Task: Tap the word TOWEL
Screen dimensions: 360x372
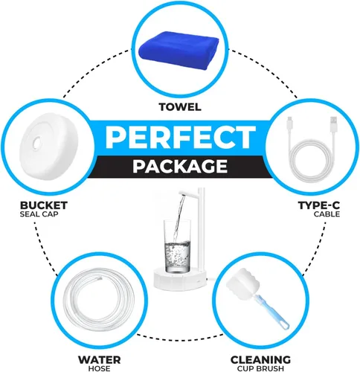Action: pos(180,107)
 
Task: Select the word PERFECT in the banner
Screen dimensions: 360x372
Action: pos(181,137)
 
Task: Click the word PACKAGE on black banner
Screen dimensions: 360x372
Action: pos(180,167)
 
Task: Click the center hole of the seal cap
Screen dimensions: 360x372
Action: pos(38,142)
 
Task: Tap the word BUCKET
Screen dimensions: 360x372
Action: pos(44,205)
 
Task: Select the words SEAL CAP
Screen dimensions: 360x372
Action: pos(39,214)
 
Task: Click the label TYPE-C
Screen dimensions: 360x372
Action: pos(319,205)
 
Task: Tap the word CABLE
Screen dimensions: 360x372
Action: pos(327,214)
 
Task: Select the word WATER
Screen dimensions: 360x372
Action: pos(100,359)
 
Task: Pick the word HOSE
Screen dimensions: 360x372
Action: pos(99,368)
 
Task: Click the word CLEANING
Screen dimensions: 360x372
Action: pos(260,359)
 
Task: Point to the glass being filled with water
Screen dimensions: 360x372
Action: pos(177,246)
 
